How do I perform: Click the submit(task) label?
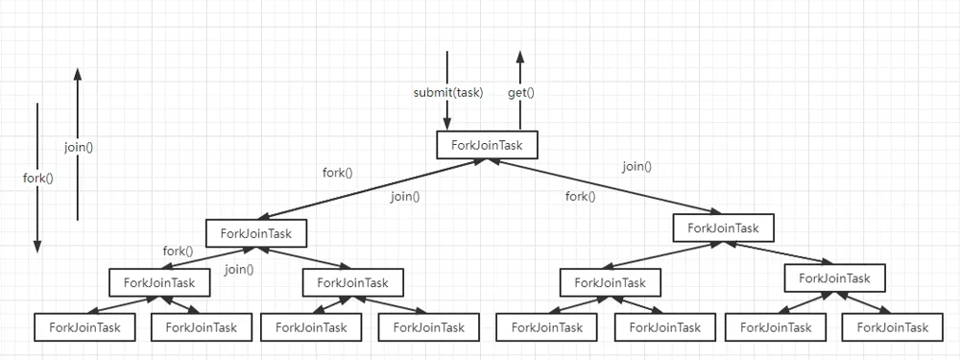click(x=448, y=93)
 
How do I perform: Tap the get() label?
click(x=520, y=93)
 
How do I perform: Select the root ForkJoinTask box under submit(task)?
click(x=487, y=145)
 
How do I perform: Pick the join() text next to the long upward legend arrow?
click(x=79, y=148)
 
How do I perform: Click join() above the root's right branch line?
click(x=636, y=166)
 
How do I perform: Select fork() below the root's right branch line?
click(x=580, y=197)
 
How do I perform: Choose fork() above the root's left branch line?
click(x=337, y=174)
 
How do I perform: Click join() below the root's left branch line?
click(x=405, y=197)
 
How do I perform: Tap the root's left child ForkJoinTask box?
click(x=256, y=232)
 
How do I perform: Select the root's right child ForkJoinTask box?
click(x=723, y=228)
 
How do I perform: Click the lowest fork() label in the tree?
click(x=178, y=252)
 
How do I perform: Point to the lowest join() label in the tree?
click(x=239, y=270)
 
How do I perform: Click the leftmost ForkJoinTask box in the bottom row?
click(x=84, y=327)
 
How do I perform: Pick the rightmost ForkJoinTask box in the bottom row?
click(x=892, y=327)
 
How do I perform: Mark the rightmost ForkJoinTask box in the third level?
click(x=834, y=278)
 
